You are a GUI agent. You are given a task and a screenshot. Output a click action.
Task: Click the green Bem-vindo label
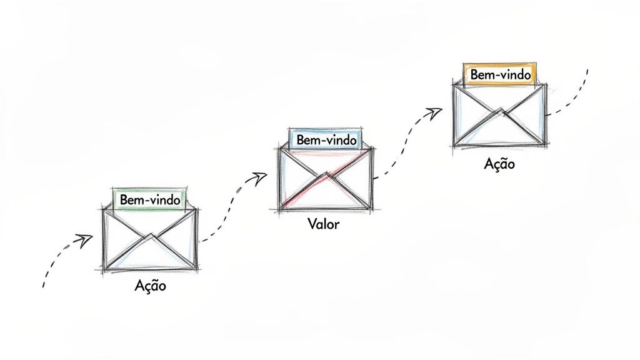(150, 200)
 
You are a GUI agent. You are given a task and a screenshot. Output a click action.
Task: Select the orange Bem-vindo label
(500, 75)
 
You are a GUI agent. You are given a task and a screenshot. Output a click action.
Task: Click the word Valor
(324, 224)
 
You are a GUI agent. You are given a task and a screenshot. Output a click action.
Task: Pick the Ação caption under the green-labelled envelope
(150, 285)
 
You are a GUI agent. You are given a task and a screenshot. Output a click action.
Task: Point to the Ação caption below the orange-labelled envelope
(499, 164)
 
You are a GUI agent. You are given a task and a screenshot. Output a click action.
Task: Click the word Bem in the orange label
(481, 75)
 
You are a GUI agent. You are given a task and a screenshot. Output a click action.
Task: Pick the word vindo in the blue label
(338, 140)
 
